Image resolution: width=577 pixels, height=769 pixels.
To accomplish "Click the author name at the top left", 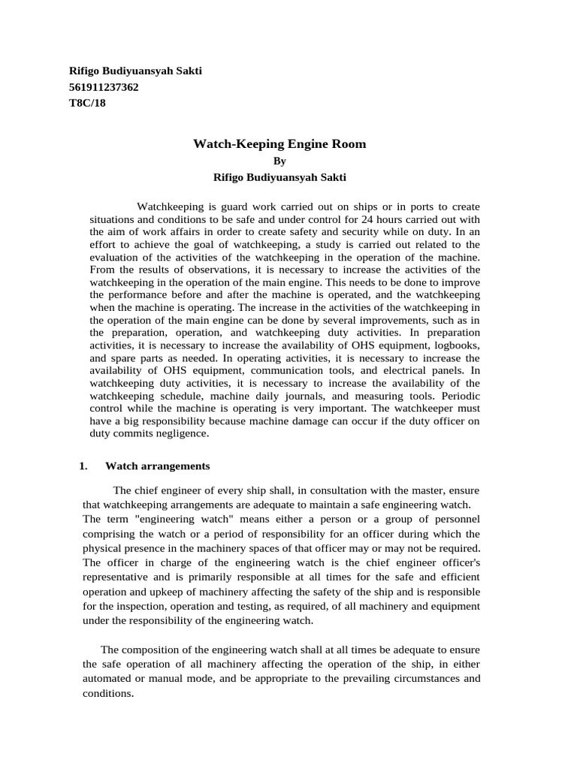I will pos(135,71).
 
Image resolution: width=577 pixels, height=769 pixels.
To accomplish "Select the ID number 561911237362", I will pos(104,87).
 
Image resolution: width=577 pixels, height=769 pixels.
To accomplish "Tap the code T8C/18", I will pos(87,104).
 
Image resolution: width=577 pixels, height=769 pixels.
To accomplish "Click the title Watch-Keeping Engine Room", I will pos(279,143).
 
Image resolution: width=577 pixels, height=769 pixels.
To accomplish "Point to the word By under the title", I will pos(279,161).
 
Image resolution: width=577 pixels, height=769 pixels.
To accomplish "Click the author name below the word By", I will pos(279,178).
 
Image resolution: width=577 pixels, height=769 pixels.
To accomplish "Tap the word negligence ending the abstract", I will pos(181,433).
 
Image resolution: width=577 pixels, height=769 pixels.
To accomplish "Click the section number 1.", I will pos(83,466).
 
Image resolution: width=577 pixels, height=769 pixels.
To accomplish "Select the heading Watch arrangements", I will pos(157,466).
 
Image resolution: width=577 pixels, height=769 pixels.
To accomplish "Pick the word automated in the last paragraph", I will pos(108,678).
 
